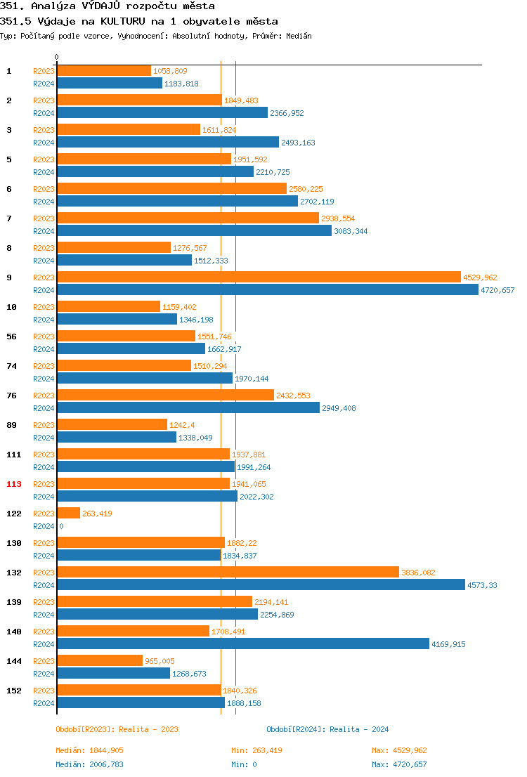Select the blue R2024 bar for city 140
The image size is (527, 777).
pyautogui.click(x=243, y=644)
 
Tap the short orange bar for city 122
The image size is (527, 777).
pyautogui.click(x=69, y=513)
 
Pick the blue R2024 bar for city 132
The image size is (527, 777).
pyautogui.click(x=261, y=585)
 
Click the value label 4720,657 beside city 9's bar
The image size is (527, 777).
pyautogui.click(x=497, y=290)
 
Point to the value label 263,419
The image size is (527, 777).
pyautogui.click(x=98, y=514)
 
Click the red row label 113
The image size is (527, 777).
pyautogui.click(x=14, y=484)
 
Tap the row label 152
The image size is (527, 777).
pyautogui.click(x=14, y=691)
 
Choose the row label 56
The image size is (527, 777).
pyautogui.click(x=11, y=337)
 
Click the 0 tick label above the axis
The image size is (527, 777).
pyautogui.click(x=57, y=57)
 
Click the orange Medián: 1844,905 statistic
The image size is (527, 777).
pyautogui.click(x=89, y=750)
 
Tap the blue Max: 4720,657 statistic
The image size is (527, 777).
pyautogui.click(x=399, y=764)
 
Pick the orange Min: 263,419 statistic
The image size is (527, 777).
pyautogui.click(x=256, y=750)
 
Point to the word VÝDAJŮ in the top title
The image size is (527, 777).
pyautogui.click(x=102, y=6)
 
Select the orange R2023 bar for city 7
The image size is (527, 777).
pyautogui.click(x=188, y=218)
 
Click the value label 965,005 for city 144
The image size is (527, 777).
pyautogui.click(x=160, y=661)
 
